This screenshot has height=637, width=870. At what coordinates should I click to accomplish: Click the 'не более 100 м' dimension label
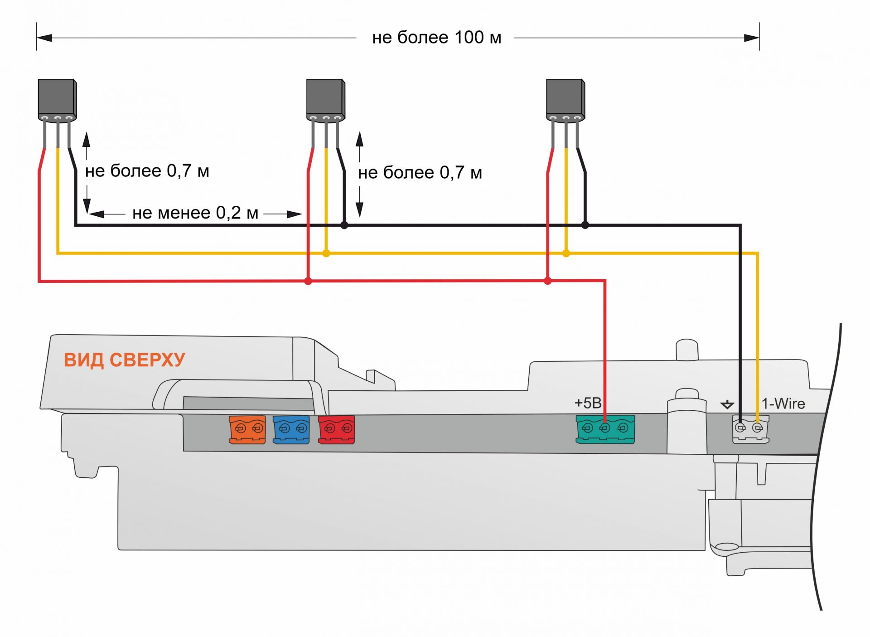pyautogui.click(x=436, y=38)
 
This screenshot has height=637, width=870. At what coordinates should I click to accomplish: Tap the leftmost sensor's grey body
pyautogui.click(x=56, y=97)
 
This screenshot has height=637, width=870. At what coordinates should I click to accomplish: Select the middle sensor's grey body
pyautogui.click(x=325, y=97)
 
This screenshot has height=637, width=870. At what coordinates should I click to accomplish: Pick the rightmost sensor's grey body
pyautogui.click(x=565, y=97)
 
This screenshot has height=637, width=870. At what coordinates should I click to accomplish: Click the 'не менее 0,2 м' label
pyautogui.click(x=195, y=213)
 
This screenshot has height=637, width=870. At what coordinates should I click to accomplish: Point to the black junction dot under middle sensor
pyautogui.click(x=344, y=225)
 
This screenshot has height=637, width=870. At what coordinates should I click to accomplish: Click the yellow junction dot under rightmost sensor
pyautogui.click(x=566, y=253)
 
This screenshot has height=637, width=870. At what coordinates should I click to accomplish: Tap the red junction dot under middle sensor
pyautogui.click(x=308, y=282)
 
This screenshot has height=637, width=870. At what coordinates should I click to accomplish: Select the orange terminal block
pyautogui.click(x=247, y=429)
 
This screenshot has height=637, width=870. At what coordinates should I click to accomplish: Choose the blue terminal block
pyautogui.click(x=291, y=429)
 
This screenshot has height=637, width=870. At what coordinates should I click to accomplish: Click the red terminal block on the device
pyautogui.click(x=336, y=429)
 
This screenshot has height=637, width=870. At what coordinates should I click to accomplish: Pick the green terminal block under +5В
pyautogui.click(x=605, y=429)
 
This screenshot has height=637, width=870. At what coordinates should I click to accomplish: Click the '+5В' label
pyautogui.click(x=588, y=403)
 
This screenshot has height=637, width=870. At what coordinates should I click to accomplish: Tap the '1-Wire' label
pyautogui.click(x=783, y=404)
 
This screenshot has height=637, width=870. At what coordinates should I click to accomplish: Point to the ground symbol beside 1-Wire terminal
pyautogui.click(x=727, y=404)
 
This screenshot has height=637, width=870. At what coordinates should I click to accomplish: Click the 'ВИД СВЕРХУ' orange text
pyautogui.click(x=124, y=360)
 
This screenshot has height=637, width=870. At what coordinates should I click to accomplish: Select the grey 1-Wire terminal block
pyautogui.click(x=750, y=430)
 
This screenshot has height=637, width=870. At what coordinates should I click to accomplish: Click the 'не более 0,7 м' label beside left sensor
pyautogui.click(x=147, y=171)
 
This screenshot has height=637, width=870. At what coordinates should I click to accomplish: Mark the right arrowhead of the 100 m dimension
pyautogui.click(x=752, y=38)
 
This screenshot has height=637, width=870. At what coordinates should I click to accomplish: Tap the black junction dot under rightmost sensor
pyautogui.click(x=585, y=225)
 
